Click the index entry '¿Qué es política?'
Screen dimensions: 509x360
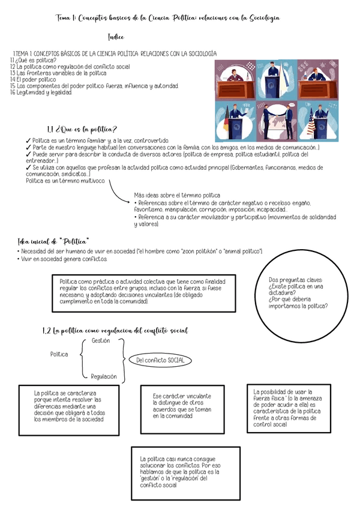point(35,60)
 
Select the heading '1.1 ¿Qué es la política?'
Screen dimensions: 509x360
point(82,129)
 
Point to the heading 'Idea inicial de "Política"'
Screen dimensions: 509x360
point(53,241)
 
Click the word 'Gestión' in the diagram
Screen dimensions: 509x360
point(101,340)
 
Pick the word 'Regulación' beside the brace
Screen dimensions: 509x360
point(104,376)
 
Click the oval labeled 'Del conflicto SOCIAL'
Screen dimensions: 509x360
point(160,360)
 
